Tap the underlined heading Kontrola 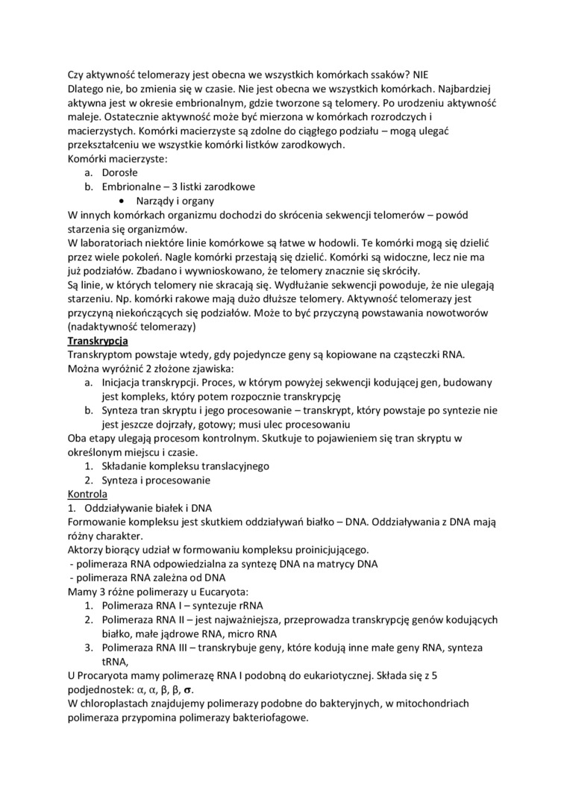[87, 494]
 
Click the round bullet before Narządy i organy [122, 201]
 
